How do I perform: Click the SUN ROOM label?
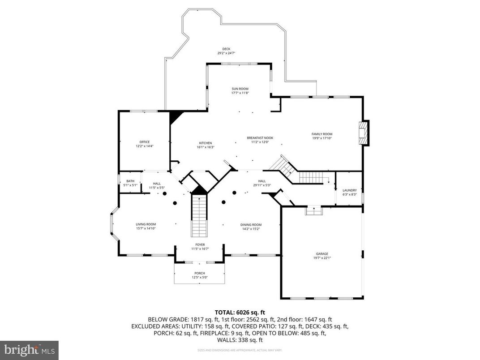[240, 89]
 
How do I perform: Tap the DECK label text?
[226, 49]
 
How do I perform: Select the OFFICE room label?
[144, 142]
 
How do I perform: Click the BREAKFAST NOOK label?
[260, 138]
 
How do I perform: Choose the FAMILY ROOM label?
[322, 134]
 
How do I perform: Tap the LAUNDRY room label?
[349, 190]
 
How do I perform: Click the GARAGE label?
[322, 253]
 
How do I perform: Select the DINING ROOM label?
[251, 225]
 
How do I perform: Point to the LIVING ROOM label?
[146, 224]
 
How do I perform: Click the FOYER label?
[200, 244]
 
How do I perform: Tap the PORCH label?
[200, 273]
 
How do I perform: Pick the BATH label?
[130, 181]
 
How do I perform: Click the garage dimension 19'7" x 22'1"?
[322, 258]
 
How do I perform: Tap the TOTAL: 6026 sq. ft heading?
[240, 312]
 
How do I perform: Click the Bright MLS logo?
[29, 349]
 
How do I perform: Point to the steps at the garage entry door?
[314, 210]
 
